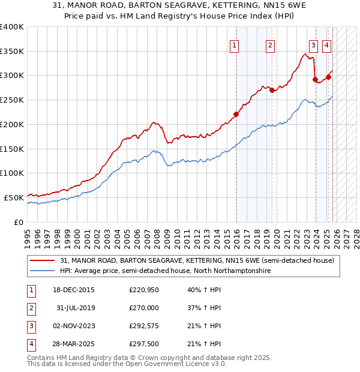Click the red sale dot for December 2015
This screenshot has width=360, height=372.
point(236,114)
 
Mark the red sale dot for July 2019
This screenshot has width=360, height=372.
point(272,90)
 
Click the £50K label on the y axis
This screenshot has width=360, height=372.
point(14,197)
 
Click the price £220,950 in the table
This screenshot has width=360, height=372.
point(143,290)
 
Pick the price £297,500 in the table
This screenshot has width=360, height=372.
point(143,344)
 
